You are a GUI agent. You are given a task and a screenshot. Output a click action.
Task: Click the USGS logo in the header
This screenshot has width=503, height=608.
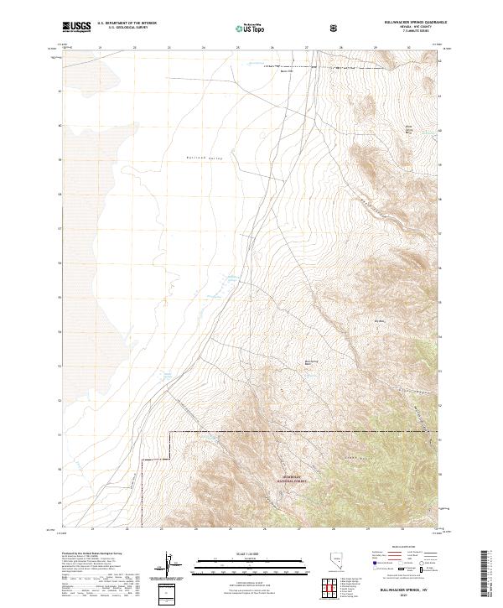click(x=76, y=27)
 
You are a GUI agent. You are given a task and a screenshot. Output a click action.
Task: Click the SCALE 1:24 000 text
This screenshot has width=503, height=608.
click(x=237, y=554)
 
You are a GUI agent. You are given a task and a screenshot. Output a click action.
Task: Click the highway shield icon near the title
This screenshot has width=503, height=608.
click(x=334, y=27)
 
